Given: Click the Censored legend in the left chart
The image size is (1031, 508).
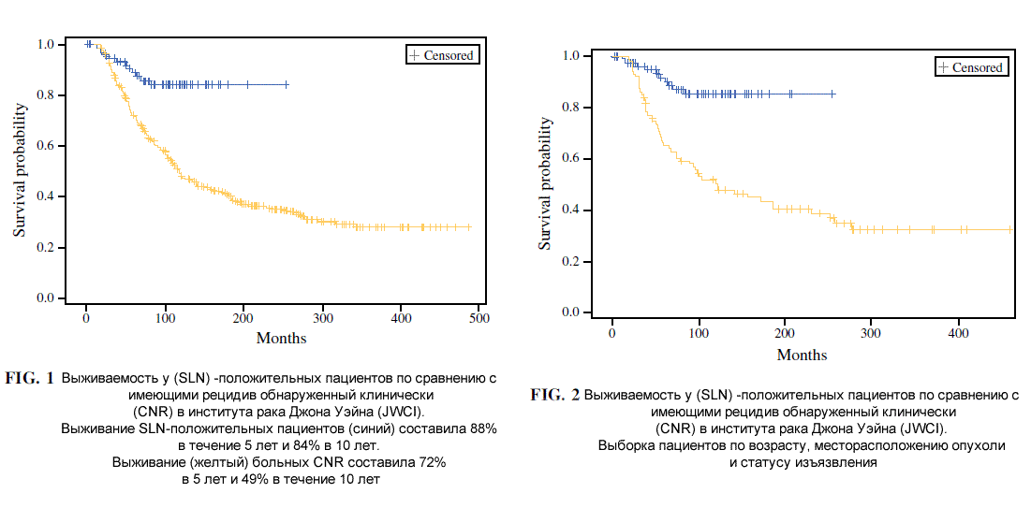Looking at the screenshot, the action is point(440,55).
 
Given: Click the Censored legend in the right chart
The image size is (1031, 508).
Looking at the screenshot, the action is point(970,67).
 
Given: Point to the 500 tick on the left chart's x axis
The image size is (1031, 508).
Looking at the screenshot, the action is point(479,317).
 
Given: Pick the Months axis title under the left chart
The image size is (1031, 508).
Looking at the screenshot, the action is point(281,339).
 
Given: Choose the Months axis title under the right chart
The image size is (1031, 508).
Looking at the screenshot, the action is point(802,355).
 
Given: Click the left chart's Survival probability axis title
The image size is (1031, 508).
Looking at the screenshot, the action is point(22,170).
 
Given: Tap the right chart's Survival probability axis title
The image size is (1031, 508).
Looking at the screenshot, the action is point(545,182).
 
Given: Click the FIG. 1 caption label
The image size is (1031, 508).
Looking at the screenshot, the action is point(30,378).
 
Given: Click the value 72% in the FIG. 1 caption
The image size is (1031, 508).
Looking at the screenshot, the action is point(433,462).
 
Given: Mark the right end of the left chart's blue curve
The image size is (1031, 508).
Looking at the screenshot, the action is point(287,85).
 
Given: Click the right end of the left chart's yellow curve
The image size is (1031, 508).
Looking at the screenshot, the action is point(470,227).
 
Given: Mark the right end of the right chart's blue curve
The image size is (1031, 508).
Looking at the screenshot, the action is point(832,94).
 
